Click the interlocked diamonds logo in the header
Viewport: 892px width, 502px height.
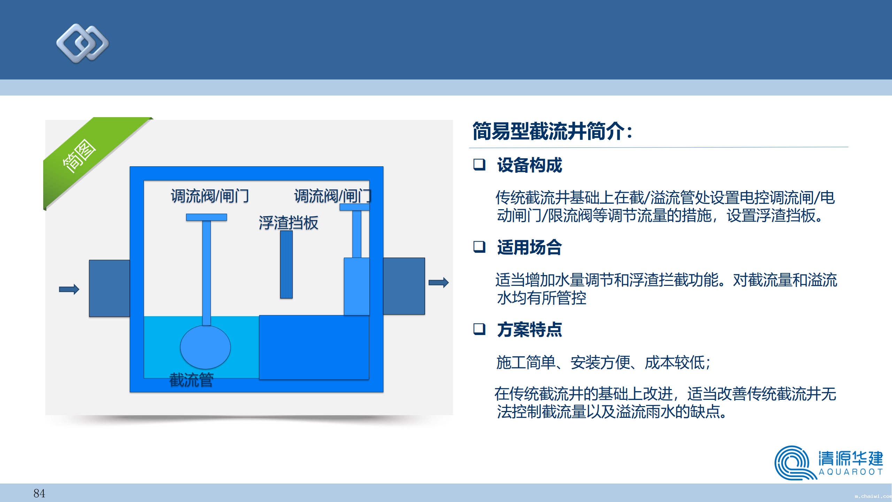pos(83,43)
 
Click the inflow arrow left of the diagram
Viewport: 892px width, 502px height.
pos(69,289)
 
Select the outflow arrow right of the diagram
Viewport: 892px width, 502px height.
pos(438,282)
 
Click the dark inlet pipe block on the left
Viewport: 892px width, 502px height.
pos(109,288)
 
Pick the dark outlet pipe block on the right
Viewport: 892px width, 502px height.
pos(404,286)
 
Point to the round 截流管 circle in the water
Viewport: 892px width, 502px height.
pos(205,347)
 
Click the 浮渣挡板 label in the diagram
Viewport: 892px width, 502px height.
pos(289,223)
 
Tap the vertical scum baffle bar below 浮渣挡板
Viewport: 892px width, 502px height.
pos(286,265)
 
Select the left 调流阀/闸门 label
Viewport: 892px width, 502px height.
pos(210,196)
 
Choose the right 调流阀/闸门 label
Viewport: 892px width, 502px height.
pos(333,196)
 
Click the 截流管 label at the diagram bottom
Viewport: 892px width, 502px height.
pos(191,380)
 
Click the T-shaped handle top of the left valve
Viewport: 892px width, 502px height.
pos(207,217)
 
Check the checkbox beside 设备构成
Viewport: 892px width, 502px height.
pos(479,165)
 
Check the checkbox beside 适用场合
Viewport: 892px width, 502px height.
pos(479,247)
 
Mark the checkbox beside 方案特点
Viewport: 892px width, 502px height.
pos(479,329)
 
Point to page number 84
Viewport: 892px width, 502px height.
pos(39,493)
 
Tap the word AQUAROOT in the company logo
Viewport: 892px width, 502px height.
pos(851,472)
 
